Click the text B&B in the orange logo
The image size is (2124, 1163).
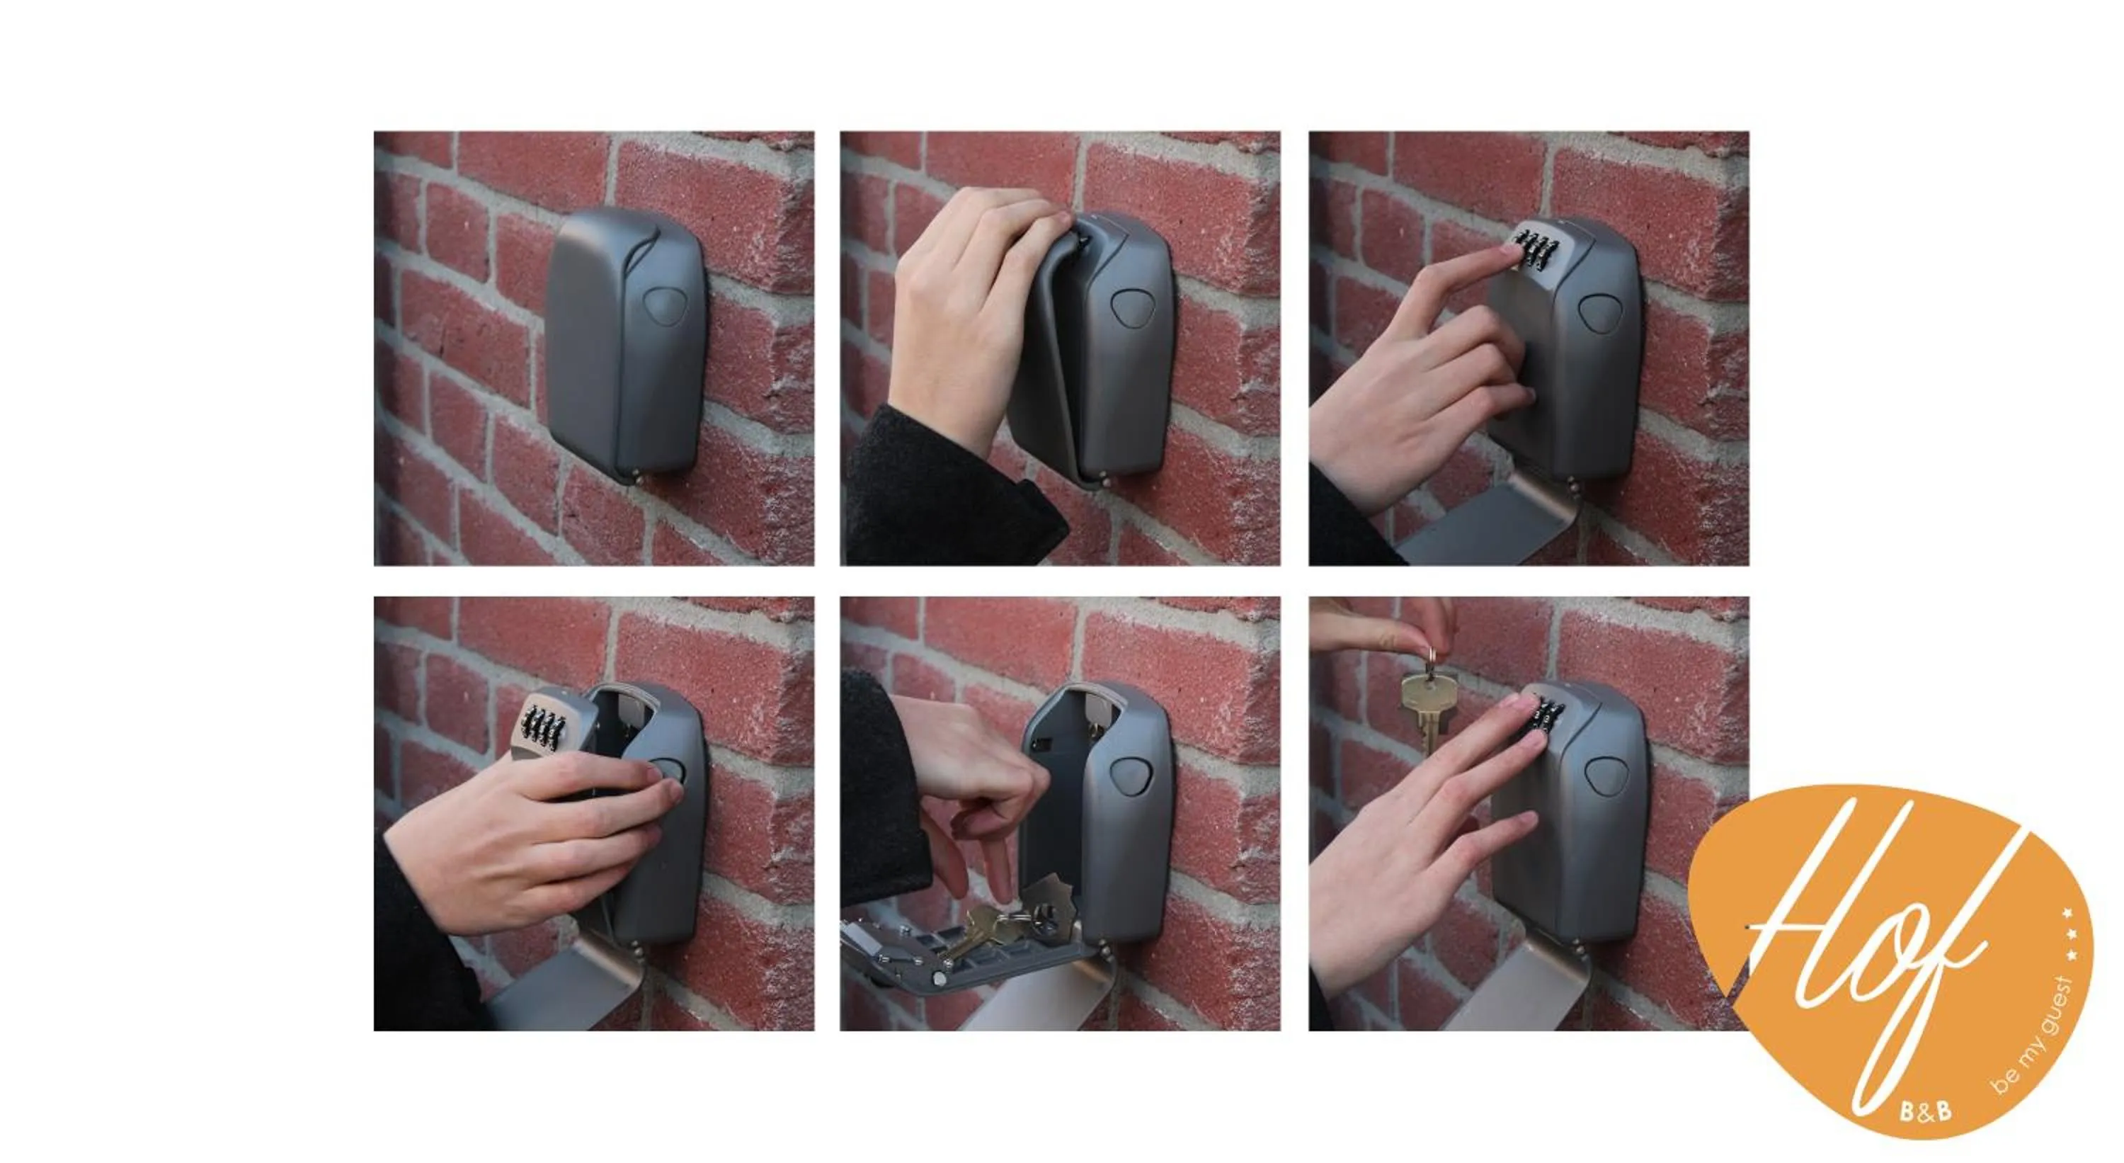click(x=1925, y=1111)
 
